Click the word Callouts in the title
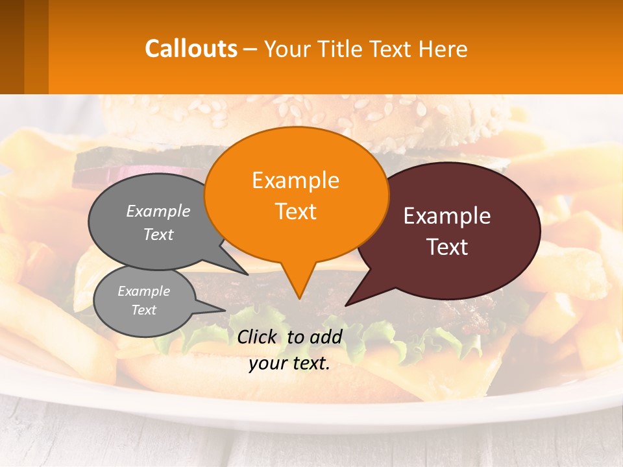191,49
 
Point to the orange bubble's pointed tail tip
299,298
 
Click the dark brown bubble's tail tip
347,304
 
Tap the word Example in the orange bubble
295,180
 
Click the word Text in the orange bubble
295,211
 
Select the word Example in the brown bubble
447,216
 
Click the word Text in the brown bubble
447,247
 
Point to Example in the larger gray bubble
158,211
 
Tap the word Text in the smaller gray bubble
144,310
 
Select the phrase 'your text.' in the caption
289,364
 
